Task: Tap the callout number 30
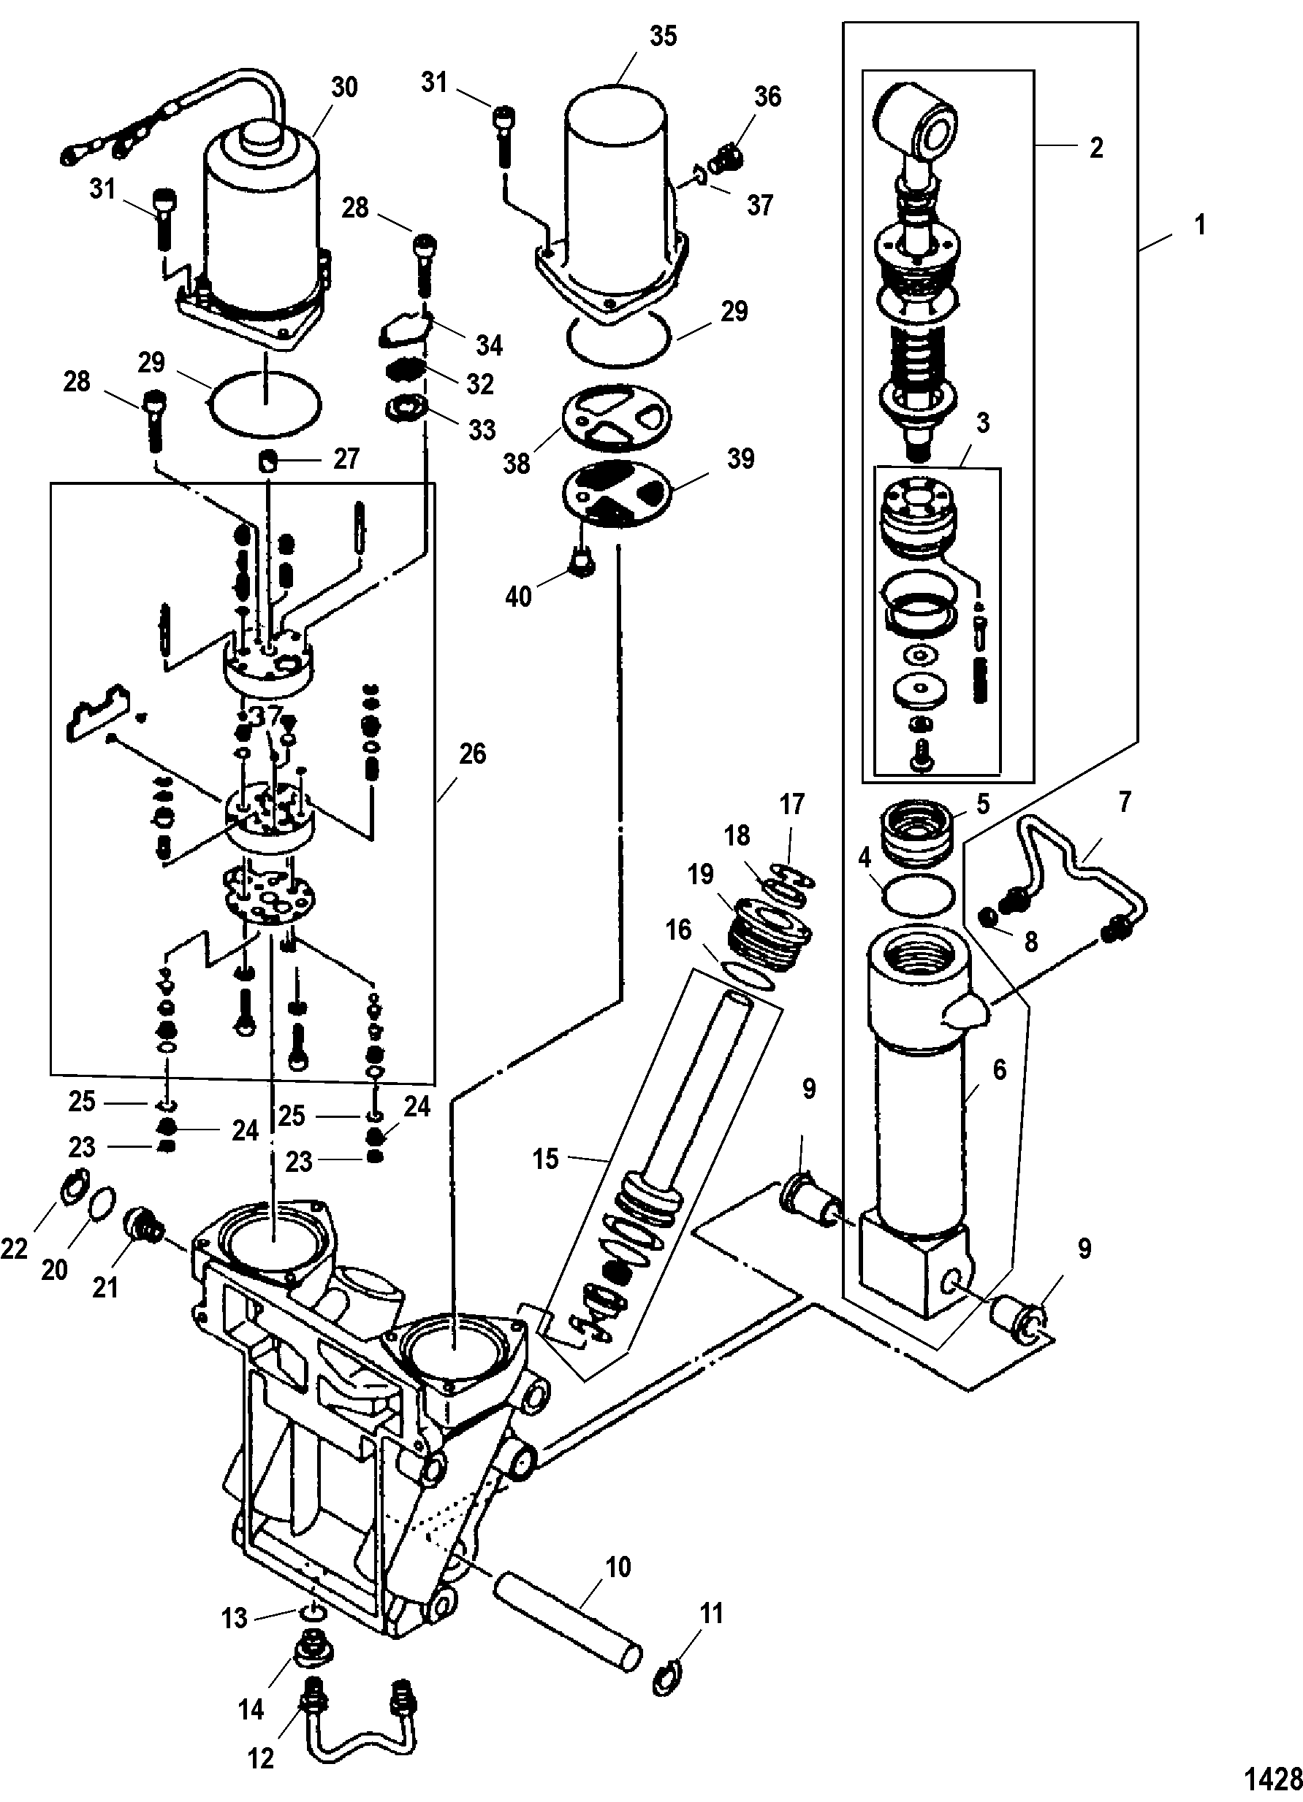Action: pyautogui.click(x=344, y=88)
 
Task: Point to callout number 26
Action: pyautogui.click(x=472, y=754)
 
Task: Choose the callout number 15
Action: pyautogui.click(x=544, y=1159)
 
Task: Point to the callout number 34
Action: pyautogui.click(x=489, y=345)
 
